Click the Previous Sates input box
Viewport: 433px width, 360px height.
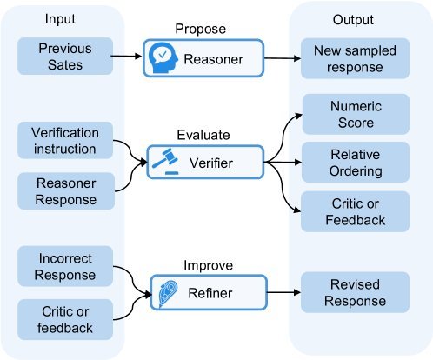click(x=65, y=57)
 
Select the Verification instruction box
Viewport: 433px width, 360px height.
click(x=65, y=140)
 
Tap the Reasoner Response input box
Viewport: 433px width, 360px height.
click(x=66, y=191)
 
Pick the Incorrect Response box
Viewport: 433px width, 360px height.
click(x=65, y=266)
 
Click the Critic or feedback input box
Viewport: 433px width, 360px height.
click(x=65, y=319)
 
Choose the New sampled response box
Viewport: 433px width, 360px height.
click(x=355, y=58)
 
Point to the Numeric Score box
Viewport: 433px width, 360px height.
click(x=356, y=114)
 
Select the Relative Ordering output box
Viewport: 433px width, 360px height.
click(x=356, y=162)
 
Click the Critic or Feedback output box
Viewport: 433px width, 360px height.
click(x=355, y=211)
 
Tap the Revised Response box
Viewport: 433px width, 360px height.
click(x=355, y=292)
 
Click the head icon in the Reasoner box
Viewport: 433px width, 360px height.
click(x=163, y=58)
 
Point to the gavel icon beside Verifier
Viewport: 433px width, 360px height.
click(x=165, y=162)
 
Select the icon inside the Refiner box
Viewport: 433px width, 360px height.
click(x=168, y=293)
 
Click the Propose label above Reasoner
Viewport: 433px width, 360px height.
click(x=201, y=29)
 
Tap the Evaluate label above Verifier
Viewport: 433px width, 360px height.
click(x=203, y=135)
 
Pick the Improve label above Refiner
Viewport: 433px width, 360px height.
click(x=209, y=265)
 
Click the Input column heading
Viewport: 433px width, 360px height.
click(x=60, y=19)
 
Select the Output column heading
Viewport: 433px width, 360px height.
click(x=353, y=20)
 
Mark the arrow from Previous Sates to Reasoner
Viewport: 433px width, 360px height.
click(x=126, y=56)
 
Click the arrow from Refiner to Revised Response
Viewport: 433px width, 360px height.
click(x=283, y=292)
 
